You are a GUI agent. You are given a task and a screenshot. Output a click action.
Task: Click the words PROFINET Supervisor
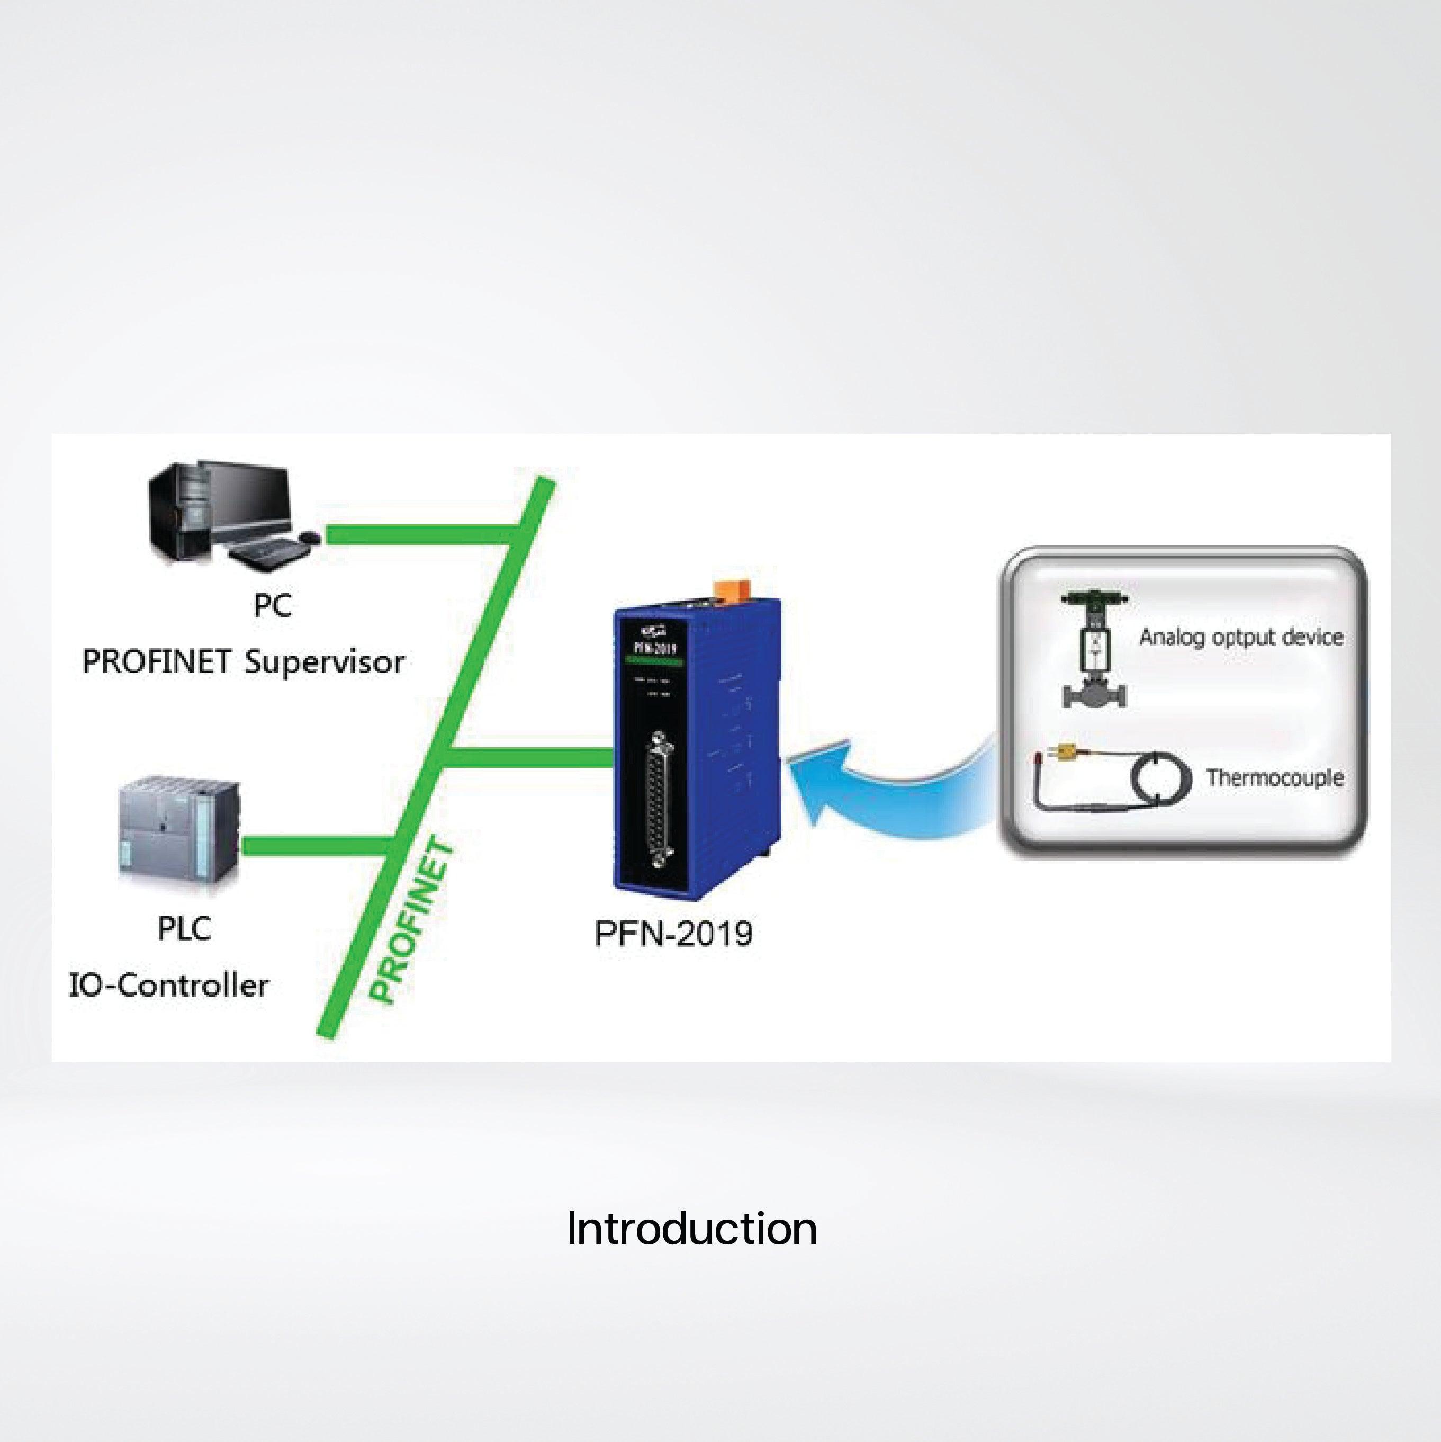[x=244, y=662]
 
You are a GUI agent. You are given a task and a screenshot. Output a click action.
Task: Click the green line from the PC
[x=418, y=534]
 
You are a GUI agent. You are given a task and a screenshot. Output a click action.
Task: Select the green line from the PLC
[x=313, y=846]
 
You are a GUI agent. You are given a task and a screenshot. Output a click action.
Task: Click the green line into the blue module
[x=530, y=757]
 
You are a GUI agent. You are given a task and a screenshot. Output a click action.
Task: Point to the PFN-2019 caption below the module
[x=673, y=934]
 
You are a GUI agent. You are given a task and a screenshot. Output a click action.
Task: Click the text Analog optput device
[x=1241, y=637]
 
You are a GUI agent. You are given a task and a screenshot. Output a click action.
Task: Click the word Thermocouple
[x=1275, y=778]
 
